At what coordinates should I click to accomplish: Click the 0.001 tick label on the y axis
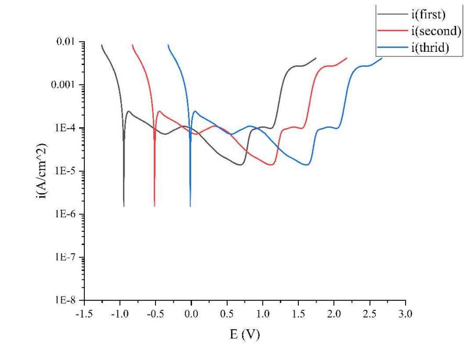click(64, 85)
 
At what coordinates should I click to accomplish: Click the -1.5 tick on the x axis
click(84, 314)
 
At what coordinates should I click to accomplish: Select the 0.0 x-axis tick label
click(192, 314)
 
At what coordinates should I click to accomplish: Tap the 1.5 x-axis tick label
click(298, 314)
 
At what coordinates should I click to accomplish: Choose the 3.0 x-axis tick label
click(406, 314)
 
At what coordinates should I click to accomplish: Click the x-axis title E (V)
click(244, 334)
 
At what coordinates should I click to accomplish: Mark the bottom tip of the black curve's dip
click(124, 206)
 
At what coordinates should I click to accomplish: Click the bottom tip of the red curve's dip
click(155, 206)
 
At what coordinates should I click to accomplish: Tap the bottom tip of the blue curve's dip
click(190, 206)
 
